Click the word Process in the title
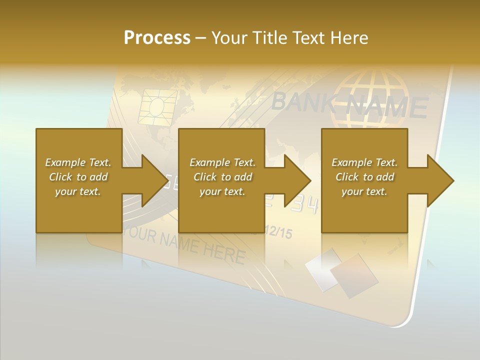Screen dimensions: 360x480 pos(157,38)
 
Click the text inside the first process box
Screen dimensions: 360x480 pos(78,177)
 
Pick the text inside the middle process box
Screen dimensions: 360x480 pos(222,177)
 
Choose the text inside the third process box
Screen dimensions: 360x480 pos(364,177)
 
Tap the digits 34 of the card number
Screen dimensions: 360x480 pos(305,203)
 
